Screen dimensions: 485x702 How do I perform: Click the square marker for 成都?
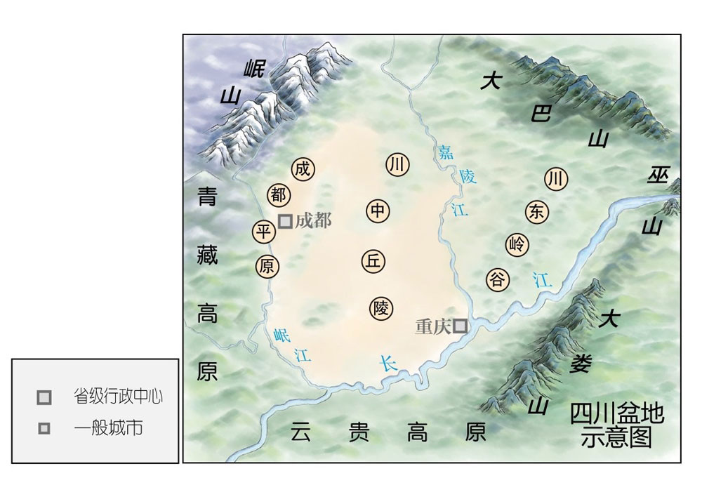click(x=285, y=221)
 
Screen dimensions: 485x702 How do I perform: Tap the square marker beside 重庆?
click(x=460, y=326)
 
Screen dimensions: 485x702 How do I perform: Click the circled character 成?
click(x=303, y=169)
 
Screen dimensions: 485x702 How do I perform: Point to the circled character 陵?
click(x=380, y=308)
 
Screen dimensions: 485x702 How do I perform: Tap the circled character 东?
click(x=536, y=213)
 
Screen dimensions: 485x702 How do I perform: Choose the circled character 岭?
click(x=517, y=244)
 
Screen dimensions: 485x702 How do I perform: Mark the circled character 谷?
click(x=497, y=279)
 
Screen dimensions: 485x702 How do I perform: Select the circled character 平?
click(x=264, y=231)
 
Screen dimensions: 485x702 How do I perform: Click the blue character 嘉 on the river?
click(x=444, y=151)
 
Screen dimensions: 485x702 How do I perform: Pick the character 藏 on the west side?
click(x=207, y=253)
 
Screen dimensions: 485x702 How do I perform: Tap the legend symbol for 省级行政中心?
click(x=44, y=397)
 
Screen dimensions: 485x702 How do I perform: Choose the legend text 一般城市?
click(x=107, y=428)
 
